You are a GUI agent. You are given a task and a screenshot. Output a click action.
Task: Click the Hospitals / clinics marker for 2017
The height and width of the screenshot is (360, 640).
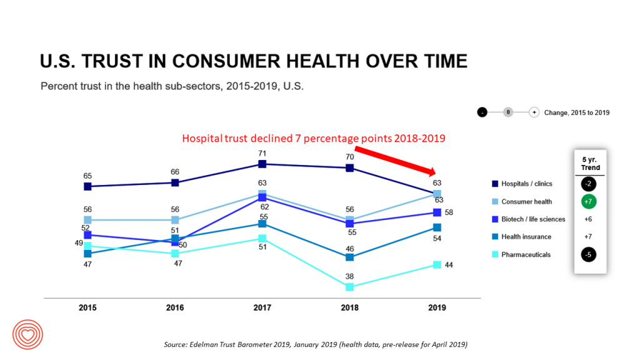pos(262,164)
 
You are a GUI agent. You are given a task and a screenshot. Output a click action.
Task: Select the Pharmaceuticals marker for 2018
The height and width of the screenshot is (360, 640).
pos(350,287)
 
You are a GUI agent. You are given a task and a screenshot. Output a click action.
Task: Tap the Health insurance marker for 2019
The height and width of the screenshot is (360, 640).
pos(437,227)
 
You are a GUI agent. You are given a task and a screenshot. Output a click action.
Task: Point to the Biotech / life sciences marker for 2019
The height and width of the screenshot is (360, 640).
pos(437,212)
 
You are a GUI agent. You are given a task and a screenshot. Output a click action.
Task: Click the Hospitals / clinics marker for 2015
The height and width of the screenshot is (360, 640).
pos(87,186)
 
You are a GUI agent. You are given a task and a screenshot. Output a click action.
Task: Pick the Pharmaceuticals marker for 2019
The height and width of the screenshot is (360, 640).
pos(437,264)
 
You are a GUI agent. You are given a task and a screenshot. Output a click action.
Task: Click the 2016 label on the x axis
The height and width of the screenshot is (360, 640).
pos(175,307)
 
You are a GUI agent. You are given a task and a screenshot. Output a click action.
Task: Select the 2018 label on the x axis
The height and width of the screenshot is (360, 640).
pos(350,307)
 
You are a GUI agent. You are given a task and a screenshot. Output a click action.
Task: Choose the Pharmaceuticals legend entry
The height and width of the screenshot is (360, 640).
pos(525,254)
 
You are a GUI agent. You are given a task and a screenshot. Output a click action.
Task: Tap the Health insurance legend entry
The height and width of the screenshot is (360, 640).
pos(526,237)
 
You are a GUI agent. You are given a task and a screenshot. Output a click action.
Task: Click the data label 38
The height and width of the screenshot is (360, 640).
pos(350,276)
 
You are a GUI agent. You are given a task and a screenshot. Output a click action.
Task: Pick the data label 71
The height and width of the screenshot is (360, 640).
pos(262,153)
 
